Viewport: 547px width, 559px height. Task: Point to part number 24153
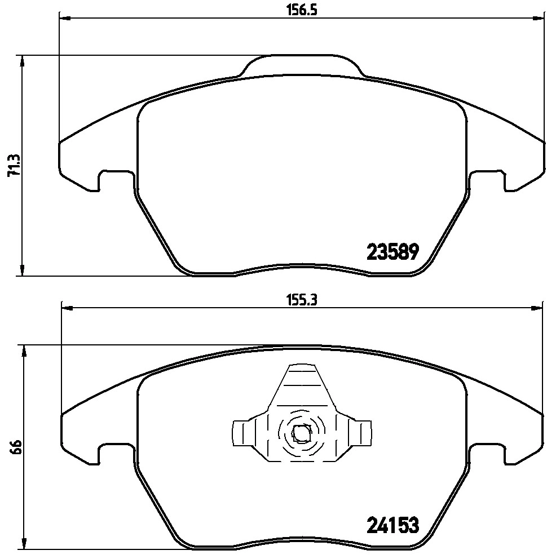pos(392,526)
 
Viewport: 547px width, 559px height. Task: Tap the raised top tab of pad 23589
pos(303,64)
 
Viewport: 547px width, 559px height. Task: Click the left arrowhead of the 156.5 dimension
pos(64,19)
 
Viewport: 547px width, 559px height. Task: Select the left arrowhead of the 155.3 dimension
pos(66,308)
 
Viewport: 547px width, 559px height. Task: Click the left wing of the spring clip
pos(241,433)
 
